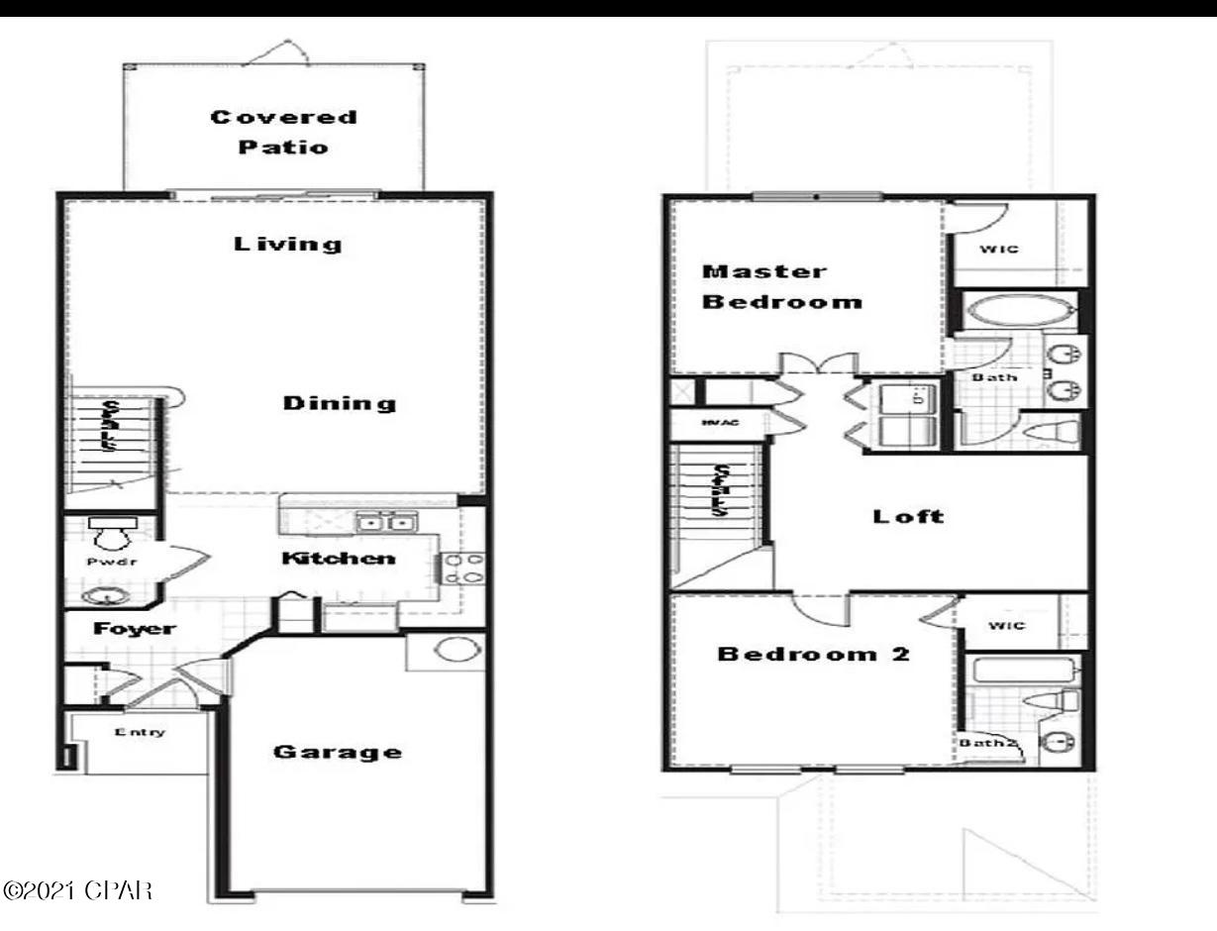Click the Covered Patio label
[283, 132]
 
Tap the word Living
[288, 244]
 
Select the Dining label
[340, 403]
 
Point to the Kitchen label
[339, 559]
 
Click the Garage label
[338, 752]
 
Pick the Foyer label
[135, 629]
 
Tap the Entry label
[140, 733]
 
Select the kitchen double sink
[386, 522]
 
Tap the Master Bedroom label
[782, 286]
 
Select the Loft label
[908, 516]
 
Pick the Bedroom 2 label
[814, 655]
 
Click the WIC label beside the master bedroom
[999, 249]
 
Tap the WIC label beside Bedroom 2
[1007, 626]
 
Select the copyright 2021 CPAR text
[78, 888]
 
